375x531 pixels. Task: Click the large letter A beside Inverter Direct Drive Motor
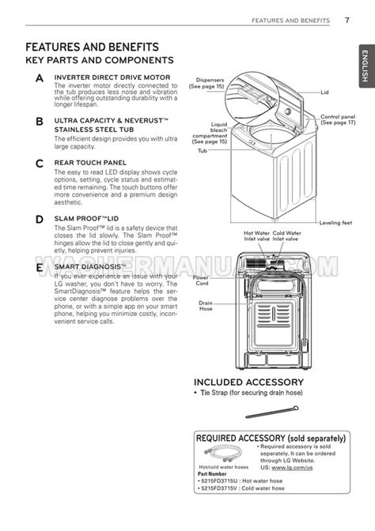click(40, 78)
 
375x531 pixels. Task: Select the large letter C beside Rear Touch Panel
click(40, 164)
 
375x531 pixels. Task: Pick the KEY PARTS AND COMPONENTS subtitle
click(100, 60)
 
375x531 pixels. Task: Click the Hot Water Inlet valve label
click(257, 235)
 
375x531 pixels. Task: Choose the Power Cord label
click(202, 281)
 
